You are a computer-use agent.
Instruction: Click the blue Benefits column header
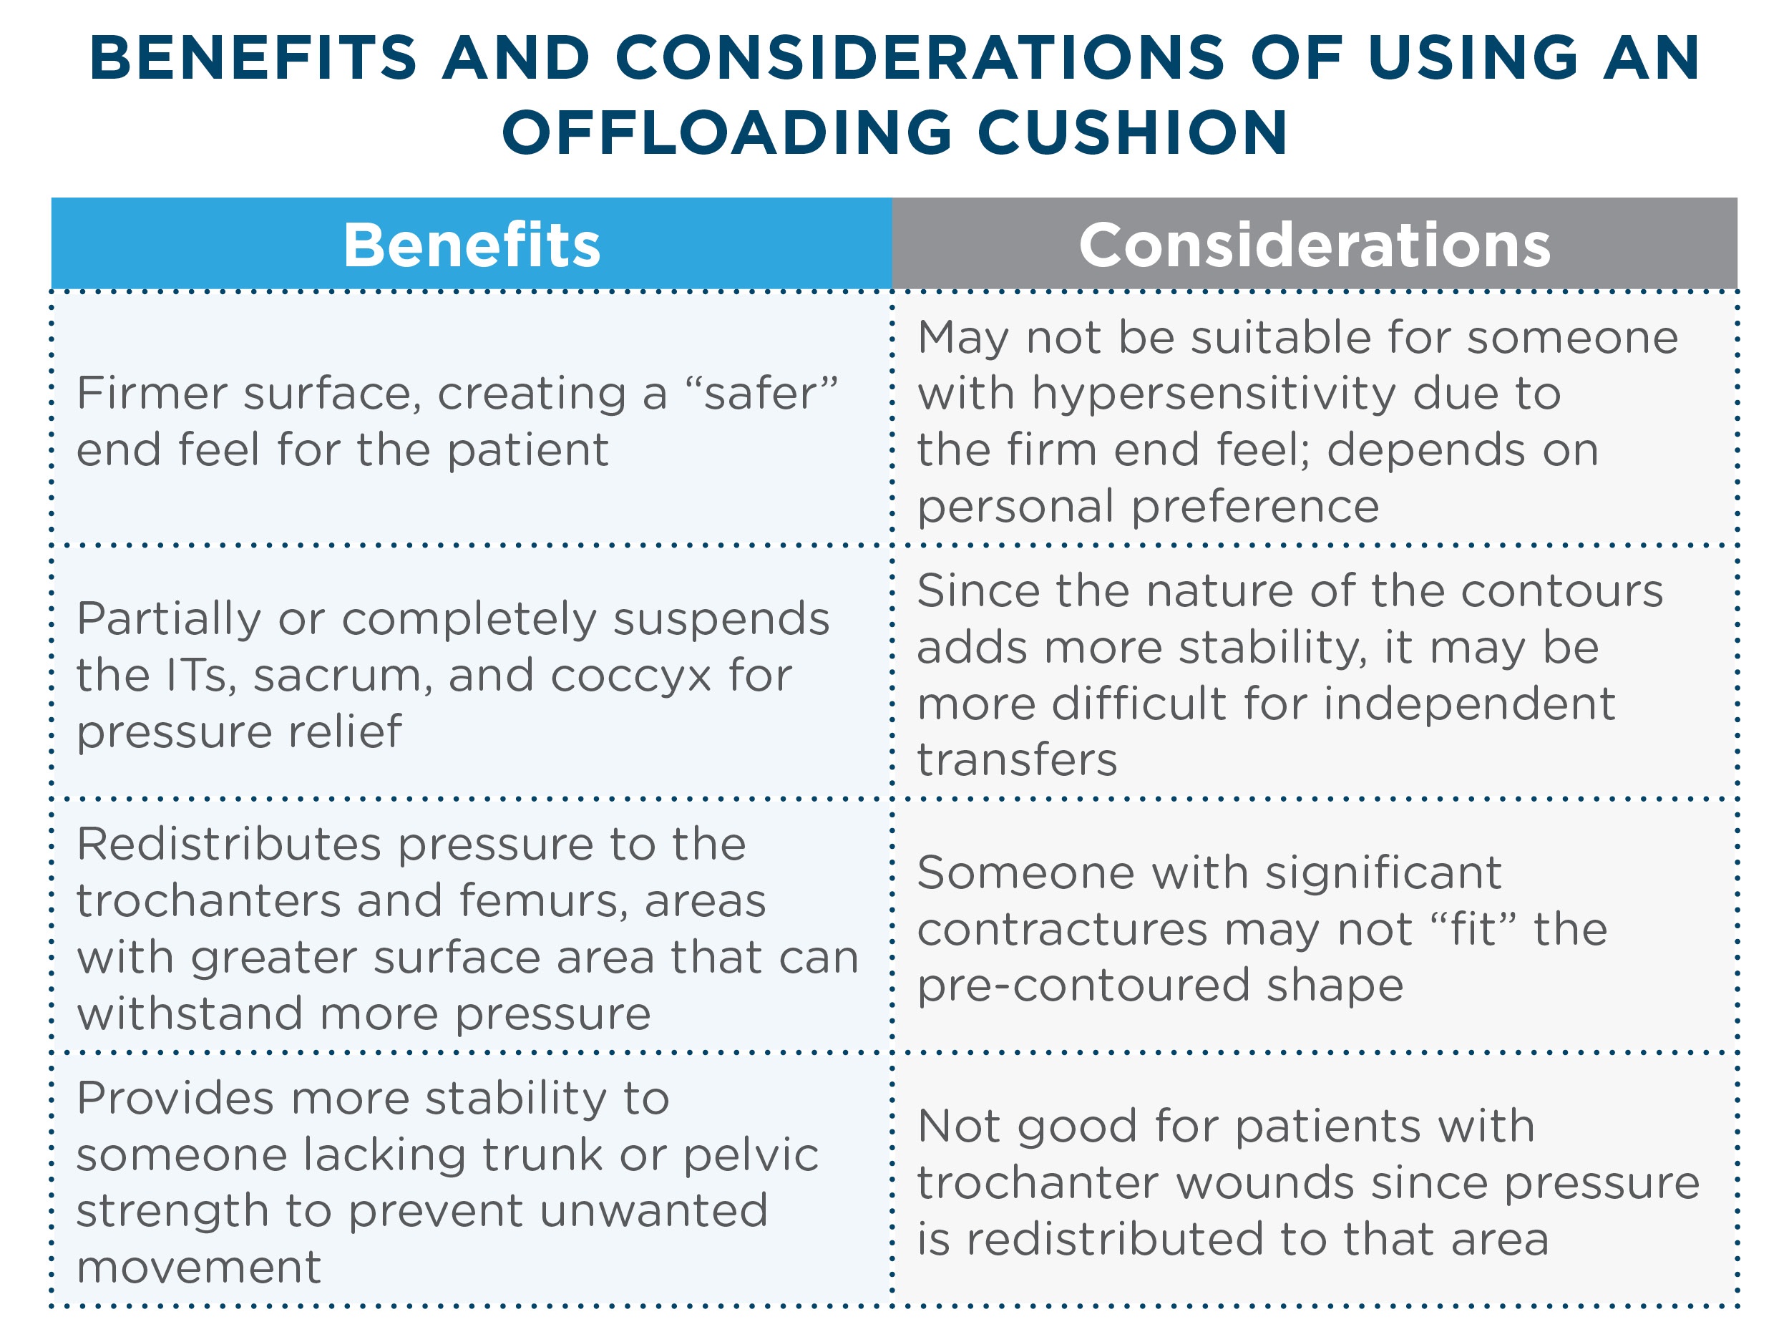(472, 244)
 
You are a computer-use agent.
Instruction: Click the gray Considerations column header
(1315, 244)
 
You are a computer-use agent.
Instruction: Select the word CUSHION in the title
(1132, 132)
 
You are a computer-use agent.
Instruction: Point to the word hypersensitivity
(1213, 394)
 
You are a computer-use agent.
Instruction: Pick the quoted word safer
(760, 394)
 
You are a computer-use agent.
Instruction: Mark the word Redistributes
(228, 845)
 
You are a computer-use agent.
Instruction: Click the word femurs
(542, 901)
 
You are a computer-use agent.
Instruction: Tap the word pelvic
(751, 1155)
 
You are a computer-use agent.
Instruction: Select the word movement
(199, 1268)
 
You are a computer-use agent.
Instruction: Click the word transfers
(1017, 760)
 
